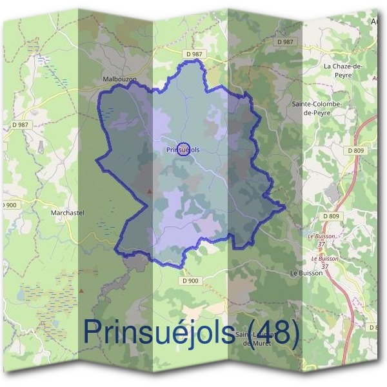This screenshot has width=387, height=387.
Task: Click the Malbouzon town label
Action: (119, 79)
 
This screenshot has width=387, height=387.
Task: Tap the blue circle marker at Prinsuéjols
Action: (183, 150)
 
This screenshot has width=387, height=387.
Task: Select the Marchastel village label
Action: (68, 212)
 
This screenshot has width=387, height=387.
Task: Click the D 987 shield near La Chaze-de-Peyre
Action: (284, 41)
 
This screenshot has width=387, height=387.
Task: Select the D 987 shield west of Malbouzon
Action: (20, 124)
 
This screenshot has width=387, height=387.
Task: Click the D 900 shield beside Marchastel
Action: (9, 204)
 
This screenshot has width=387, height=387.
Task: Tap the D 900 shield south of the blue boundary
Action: (191, 281)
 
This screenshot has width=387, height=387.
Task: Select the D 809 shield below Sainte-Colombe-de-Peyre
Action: (355, 150)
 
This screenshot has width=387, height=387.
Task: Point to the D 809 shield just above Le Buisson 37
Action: (331, 216)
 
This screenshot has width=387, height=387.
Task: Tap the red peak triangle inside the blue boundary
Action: (150, 192)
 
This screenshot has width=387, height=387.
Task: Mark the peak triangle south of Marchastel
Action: (81, 291)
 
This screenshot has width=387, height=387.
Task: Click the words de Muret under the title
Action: (255, 344)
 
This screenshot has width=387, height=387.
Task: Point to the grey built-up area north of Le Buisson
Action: (334, 192)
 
